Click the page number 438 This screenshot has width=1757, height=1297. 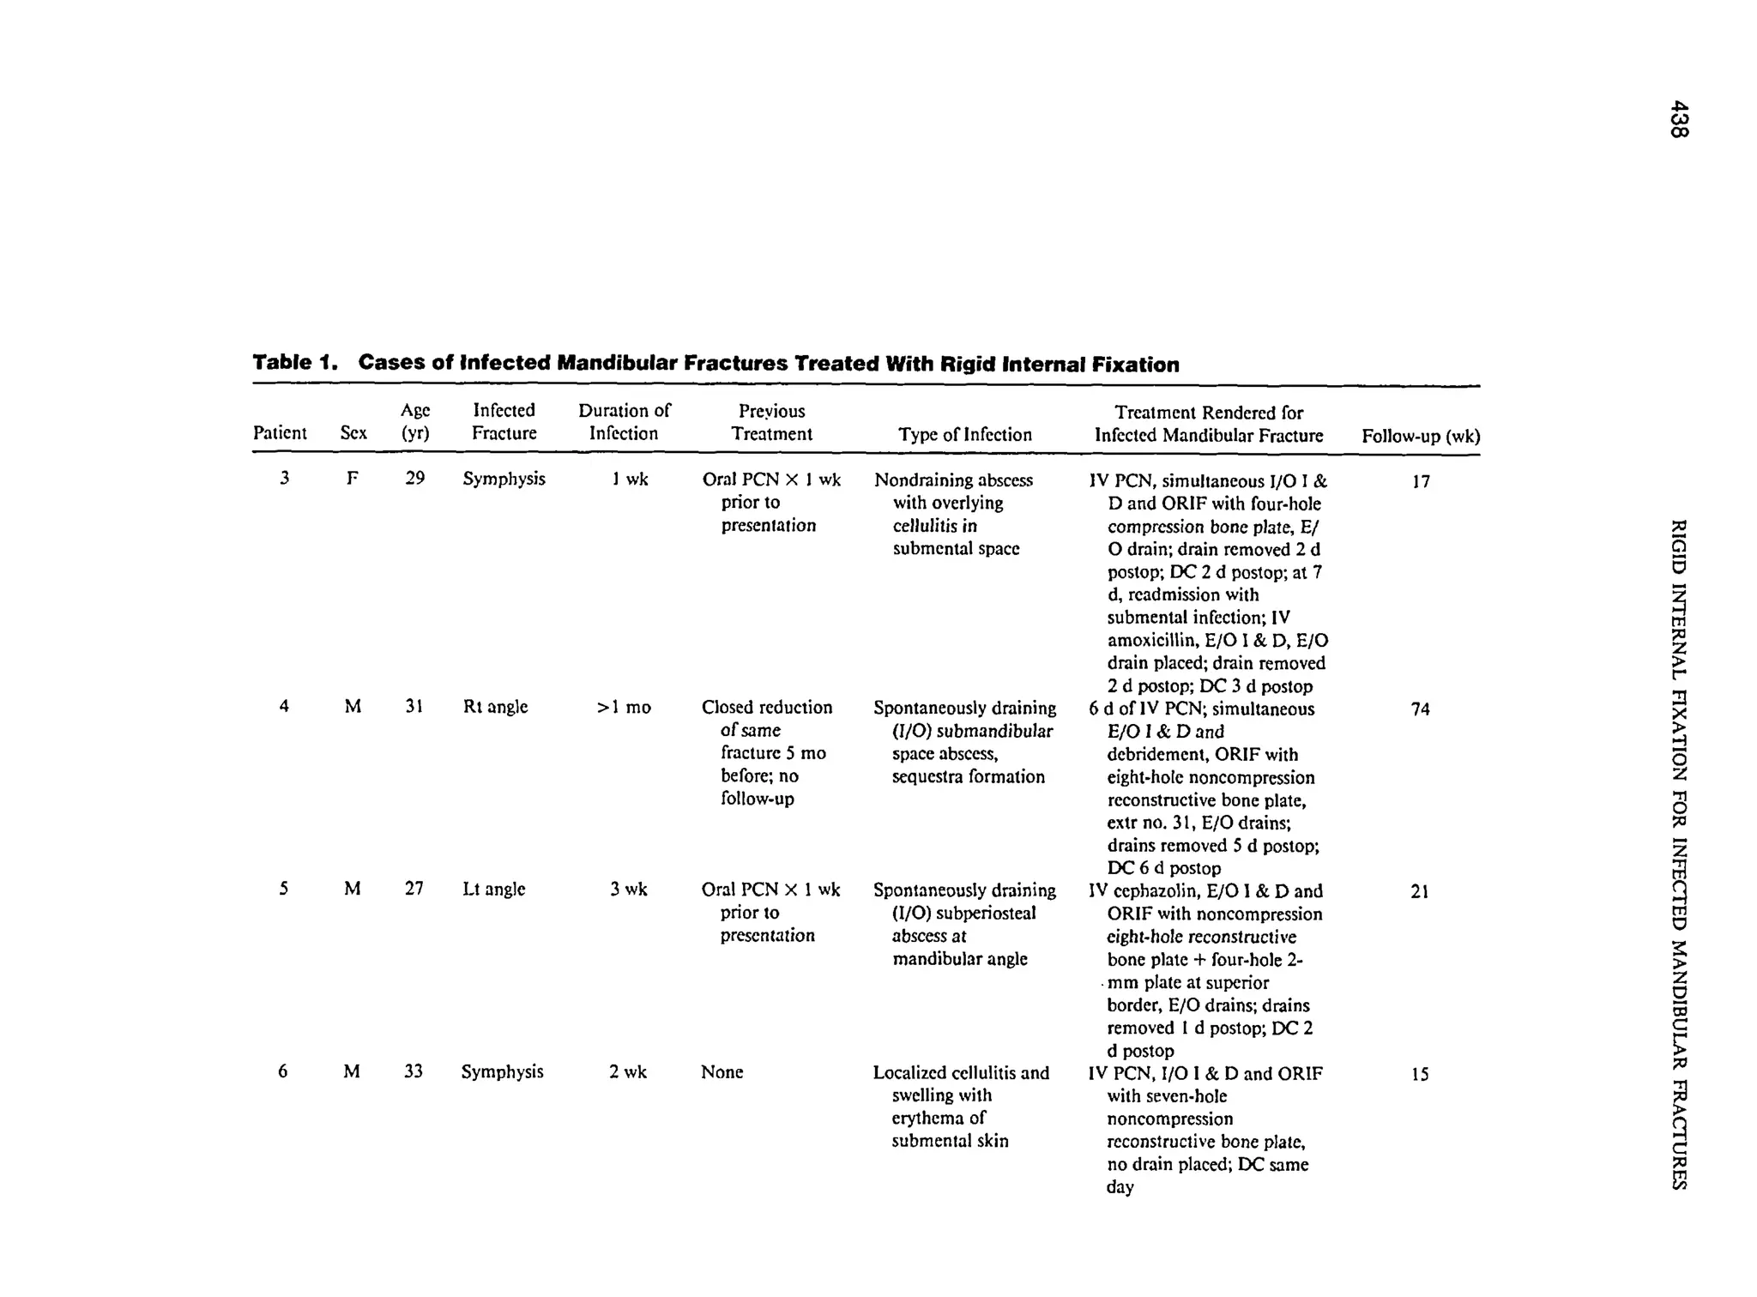[x=1679, y=119]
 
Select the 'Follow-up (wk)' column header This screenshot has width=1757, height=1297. [x=1420, y=437]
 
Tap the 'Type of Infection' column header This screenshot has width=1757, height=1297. [x=965, y=435]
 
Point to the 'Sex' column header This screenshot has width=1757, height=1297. [x=353, y=433]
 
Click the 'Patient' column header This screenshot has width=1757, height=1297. [x=280, y=433]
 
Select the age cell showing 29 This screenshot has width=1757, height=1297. [x=415, y=479]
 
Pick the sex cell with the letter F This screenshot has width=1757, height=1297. [x=352, y=479]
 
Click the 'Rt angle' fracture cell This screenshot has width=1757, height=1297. [x=495, y=707]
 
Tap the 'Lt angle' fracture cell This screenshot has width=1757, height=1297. [x=493, y=890]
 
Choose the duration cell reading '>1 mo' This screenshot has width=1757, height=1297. [x=624, y=708]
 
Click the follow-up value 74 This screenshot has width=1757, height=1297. [x=1421, y=709]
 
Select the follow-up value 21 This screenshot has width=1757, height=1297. [x=1420, y=892]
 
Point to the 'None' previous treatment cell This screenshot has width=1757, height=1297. [x=722, y=1072]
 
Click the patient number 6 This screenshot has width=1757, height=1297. [x=283, y=1071]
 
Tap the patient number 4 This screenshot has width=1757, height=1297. [x=283, y=707]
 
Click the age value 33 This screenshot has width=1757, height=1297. [x=414, y=1071]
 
